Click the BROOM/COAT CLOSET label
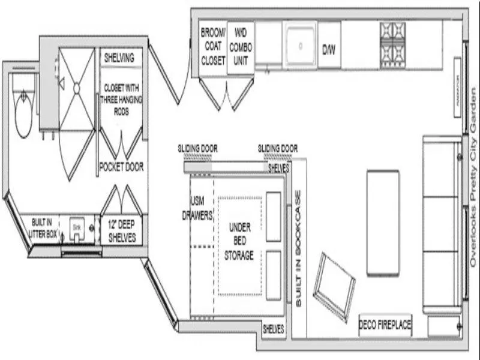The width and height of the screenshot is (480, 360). tap(213, 46)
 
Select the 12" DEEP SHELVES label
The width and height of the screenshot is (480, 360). tap(122, 231)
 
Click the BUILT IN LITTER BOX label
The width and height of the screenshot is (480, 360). tap(43, 227)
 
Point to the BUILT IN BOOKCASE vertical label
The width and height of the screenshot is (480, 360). tap(298, 250)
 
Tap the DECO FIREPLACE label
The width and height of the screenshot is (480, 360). tap(385, 325)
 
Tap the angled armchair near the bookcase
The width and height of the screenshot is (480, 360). tap(335, 286)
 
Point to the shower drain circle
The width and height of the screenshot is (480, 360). tap(77, 88)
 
